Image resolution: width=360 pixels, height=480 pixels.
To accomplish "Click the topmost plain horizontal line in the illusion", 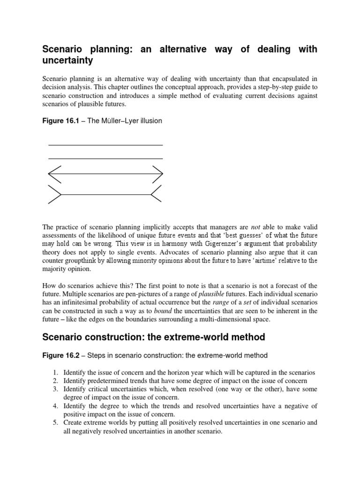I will click(105, 145).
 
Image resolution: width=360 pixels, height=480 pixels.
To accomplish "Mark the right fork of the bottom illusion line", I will click(157, 194).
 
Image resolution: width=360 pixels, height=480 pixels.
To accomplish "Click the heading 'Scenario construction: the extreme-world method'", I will click(154, 337).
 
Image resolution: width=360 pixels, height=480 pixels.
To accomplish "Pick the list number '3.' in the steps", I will click(55, 390).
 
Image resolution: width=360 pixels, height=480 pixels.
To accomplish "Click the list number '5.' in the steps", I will click(55, 423).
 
